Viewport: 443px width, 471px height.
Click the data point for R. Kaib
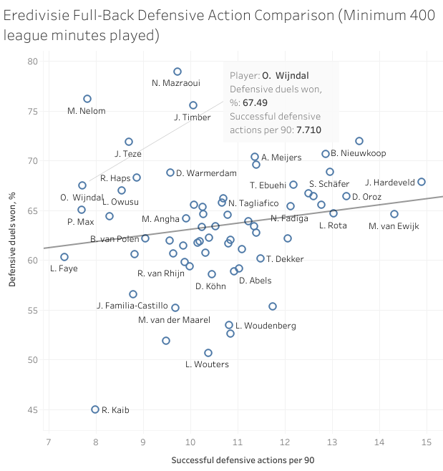(95, 409)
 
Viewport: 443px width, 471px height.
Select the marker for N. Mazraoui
(177, 72)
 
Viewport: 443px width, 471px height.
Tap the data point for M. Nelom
(87, 99)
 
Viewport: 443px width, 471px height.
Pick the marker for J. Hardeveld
(421, 182)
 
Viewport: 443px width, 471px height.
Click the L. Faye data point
(64, 257)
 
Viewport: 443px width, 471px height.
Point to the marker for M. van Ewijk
(394, 214)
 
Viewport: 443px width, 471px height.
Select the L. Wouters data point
(208, 353)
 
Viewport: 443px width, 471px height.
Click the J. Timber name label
(191, 117)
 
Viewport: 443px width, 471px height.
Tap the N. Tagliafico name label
(253, 203)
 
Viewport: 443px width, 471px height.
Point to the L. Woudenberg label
(266, 326)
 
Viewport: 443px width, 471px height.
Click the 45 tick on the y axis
(34, 409)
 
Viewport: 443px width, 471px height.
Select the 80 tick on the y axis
(34, 62)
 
